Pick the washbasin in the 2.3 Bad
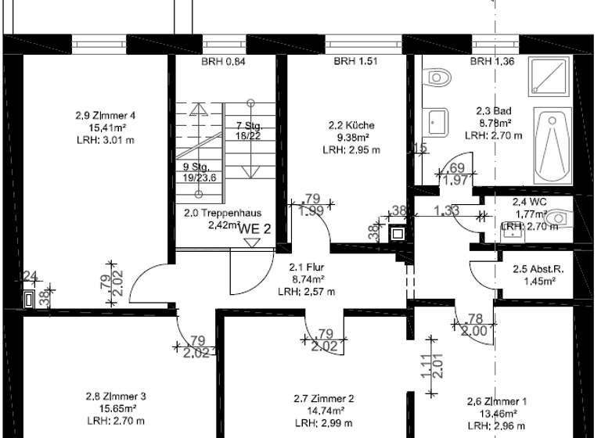click(437, 121)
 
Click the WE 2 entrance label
click(255, 228)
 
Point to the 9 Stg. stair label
click(199, 167)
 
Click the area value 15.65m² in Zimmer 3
click(116, 408)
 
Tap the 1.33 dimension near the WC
click(446, 210)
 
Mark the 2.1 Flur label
click(307, 267)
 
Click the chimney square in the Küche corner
click(397, 232)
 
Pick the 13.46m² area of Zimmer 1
click(496, 414)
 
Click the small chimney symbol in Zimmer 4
click(29, 297)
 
